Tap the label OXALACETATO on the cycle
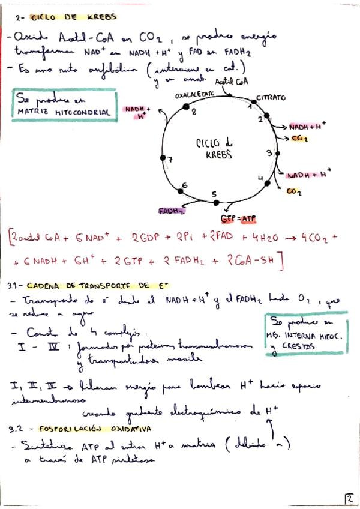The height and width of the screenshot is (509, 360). [194, 95]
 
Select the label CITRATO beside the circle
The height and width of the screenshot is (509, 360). [271, 97]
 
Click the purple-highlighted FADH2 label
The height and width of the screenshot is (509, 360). [172, 211]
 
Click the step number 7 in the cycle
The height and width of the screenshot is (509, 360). [170, 160]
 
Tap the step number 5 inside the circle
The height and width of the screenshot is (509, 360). [214, 194]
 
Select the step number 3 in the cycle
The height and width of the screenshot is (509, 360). [269, 153]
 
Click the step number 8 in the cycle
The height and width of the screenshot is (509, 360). [193, 112]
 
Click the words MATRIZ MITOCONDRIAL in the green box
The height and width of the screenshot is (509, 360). [64, 112]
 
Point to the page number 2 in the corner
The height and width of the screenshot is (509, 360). [349, 498]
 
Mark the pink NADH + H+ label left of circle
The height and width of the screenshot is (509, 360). [136, 112]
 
